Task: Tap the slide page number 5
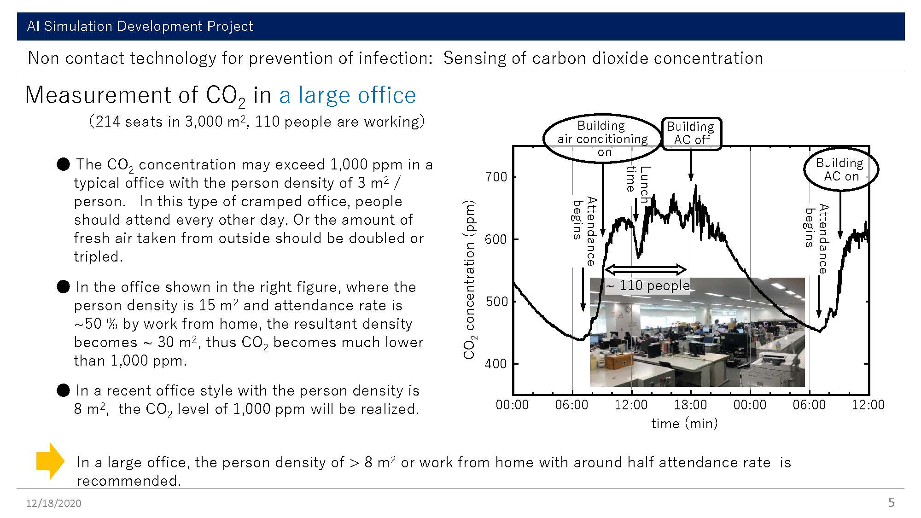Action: (891, 502)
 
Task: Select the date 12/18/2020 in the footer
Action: (53, 503)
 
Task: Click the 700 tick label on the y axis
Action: (496, 177)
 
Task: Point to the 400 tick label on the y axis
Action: (496, 364)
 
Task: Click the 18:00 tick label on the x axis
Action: (690, 405)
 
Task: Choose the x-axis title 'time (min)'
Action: (684, 423)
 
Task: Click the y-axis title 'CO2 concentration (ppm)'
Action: (470, 279)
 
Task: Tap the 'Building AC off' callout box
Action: (691, 134)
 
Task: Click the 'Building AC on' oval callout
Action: (841, 169)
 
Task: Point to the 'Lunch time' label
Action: (638, 184)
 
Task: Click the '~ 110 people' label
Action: (647, 285)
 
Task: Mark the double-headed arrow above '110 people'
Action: (645, 269)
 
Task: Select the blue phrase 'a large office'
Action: (348, 95)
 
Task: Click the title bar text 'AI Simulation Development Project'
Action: (140, 26)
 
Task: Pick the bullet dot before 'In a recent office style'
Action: (63, 390)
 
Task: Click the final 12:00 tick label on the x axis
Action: (868, 405)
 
